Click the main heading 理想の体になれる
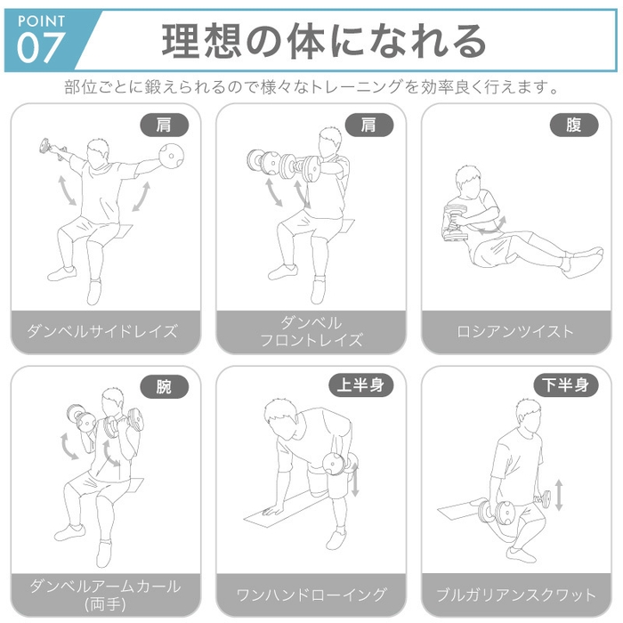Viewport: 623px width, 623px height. click(x=324, y=40)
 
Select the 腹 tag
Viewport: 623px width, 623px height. click(x=573, y=125)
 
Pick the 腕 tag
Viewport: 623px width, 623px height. click(x=165, y=387)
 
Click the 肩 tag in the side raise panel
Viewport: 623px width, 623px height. click(x=165, y=125)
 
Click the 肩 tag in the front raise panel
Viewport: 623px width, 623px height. click(x=368, y=125)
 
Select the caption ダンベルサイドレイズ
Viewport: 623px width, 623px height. click(x=105, y=332)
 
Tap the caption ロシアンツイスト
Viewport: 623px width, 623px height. click(x=515, y=332)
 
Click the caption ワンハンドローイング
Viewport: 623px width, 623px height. click(x=311, y=594)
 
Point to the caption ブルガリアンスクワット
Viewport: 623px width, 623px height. click(x=515, y=594)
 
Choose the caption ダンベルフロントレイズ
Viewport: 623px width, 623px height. click(x=311, y=331)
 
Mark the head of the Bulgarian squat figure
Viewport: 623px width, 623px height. click(x=528, y=413)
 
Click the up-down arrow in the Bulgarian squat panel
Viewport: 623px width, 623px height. click(x=558, y=495)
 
